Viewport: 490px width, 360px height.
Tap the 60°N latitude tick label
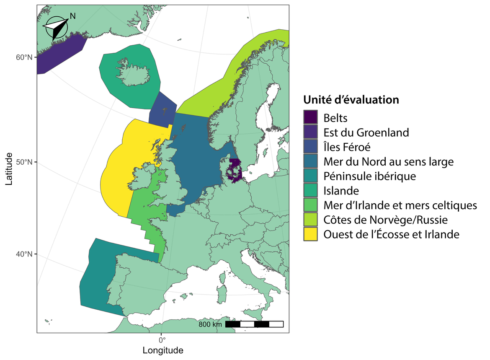pos(24,57)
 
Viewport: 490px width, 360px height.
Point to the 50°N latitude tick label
pos(24,162)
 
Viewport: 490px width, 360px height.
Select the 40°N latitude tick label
pos(24,254)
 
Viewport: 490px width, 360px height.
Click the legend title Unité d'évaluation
pos(351,100)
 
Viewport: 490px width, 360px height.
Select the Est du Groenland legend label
pos(366,132)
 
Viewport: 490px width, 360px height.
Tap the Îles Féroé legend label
pos(347,147)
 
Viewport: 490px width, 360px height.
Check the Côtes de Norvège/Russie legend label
pos(386,220)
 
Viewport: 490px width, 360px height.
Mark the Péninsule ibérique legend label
pos(369,176)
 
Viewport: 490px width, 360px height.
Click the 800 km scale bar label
pos(210,324)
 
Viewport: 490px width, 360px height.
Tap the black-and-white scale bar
pos(254,324)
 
